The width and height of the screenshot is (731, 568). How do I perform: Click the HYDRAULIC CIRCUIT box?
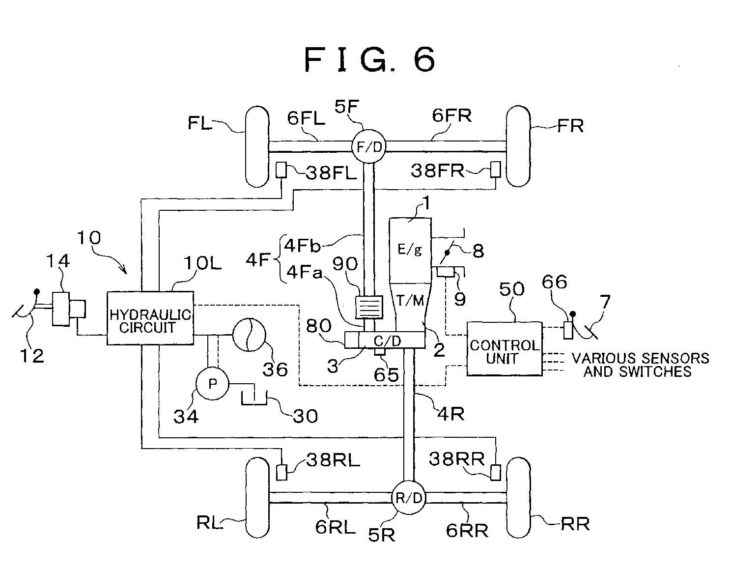click(150, 318)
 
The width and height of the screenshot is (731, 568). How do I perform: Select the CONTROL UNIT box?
click(504, 349)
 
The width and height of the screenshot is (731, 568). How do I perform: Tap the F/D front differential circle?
click(369, 146)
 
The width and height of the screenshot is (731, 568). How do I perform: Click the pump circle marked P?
click(212, 383)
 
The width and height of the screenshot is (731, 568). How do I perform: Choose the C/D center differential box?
click(385, 340)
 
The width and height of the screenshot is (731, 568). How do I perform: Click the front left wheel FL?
click(257, 146)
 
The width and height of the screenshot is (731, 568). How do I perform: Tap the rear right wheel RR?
click(518, 497)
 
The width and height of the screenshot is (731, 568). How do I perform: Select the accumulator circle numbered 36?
click(249, 335)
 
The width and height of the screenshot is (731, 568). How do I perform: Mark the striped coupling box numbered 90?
click(369, 307)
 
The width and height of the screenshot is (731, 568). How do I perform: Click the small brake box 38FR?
click(496, 170)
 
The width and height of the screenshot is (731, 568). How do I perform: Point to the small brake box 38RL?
click(281, 473)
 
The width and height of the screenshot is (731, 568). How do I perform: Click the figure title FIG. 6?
click(370, 59)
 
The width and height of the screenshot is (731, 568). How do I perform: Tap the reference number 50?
click(512, 289)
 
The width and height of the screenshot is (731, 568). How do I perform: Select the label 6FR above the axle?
click(452, 115)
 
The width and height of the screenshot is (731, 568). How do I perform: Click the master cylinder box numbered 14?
click(61, 309)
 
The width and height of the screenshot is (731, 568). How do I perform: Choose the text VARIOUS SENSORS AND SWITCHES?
click(640, 365)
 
